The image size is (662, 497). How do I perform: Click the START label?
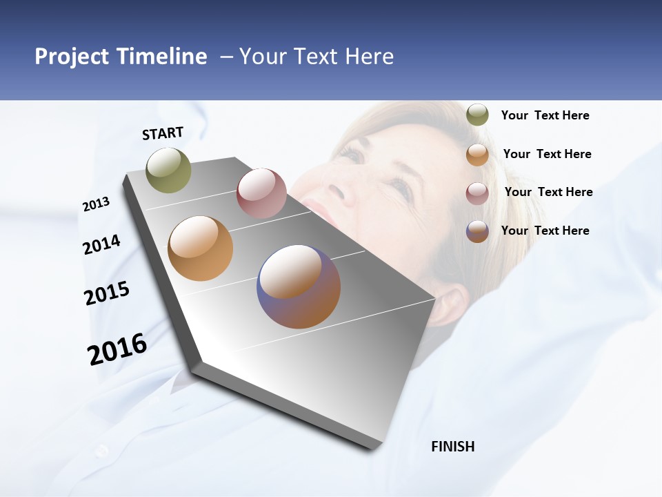(163, 133)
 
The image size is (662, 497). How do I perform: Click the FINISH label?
(452, 447)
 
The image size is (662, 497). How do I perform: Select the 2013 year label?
(96, 204)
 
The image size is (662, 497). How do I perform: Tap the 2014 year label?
(101, 245)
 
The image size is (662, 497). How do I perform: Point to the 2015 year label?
(107, 293)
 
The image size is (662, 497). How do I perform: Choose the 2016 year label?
(117, 349)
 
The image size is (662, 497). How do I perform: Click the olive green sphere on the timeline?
(169, 170)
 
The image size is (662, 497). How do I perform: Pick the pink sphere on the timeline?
(261, 193)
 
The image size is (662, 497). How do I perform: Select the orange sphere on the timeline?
(200, 248)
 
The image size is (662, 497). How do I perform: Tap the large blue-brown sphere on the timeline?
(299, 286)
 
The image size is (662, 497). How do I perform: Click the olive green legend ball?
(477, 115)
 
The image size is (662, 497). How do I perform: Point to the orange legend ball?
(477, 154)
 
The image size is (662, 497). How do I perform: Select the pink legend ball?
(477, 193)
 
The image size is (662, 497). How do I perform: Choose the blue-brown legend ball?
(477, 231)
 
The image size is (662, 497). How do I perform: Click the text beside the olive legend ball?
(545, 115)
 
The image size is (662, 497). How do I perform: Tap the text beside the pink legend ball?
(548, 192)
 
